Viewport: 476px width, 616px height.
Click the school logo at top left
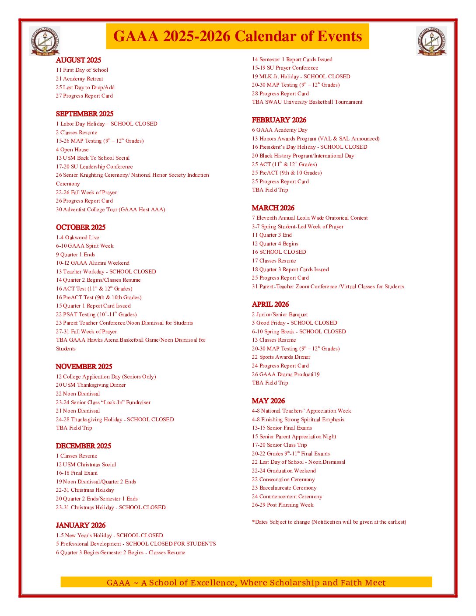click(45, 41)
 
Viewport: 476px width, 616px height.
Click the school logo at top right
click(431, 41)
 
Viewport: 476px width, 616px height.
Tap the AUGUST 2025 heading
click(78, 60)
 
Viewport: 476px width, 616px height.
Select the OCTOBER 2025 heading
click(80, 227)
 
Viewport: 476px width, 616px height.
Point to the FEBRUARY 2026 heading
click(279, 120)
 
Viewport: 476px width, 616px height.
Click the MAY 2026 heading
click(268, 401)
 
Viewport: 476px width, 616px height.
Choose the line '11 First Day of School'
click(82, 70)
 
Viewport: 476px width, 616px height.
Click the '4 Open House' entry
click(72, 150)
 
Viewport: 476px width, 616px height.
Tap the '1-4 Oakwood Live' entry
click(77, 238)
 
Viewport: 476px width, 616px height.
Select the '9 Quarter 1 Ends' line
click(75, 255)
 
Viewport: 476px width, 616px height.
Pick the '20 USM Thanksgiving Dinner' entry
click(91, 385)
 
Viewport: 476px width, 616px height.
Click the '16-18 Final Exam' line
click(77, 473)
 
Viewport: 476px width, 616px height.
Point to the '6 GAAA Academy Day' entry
click(279, 130)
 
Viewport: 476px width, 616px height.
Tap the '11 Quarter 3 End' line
click(271, 235)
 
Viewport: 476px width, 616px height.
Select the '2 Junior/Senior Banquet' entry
click(280, 315)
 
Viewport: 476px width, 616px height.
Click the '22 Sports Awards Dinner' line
click(281, 357)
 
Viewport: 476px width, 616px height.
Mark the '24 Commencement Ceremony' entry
click(287, 497)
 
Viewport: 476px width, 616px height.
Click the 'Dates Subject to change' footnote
click(329, 522)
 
